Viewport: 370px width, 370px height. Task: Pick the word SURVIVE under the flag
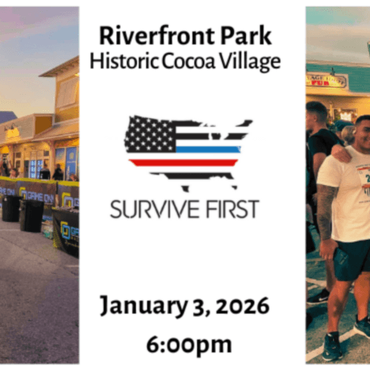[152, 209]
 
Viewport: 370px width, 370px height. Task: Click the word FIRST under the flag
[229, 209]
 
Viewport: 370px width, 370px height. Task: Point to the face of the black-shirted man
[317, 114]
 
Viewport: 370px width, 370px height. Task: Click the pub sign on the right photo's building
[326, 80]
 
